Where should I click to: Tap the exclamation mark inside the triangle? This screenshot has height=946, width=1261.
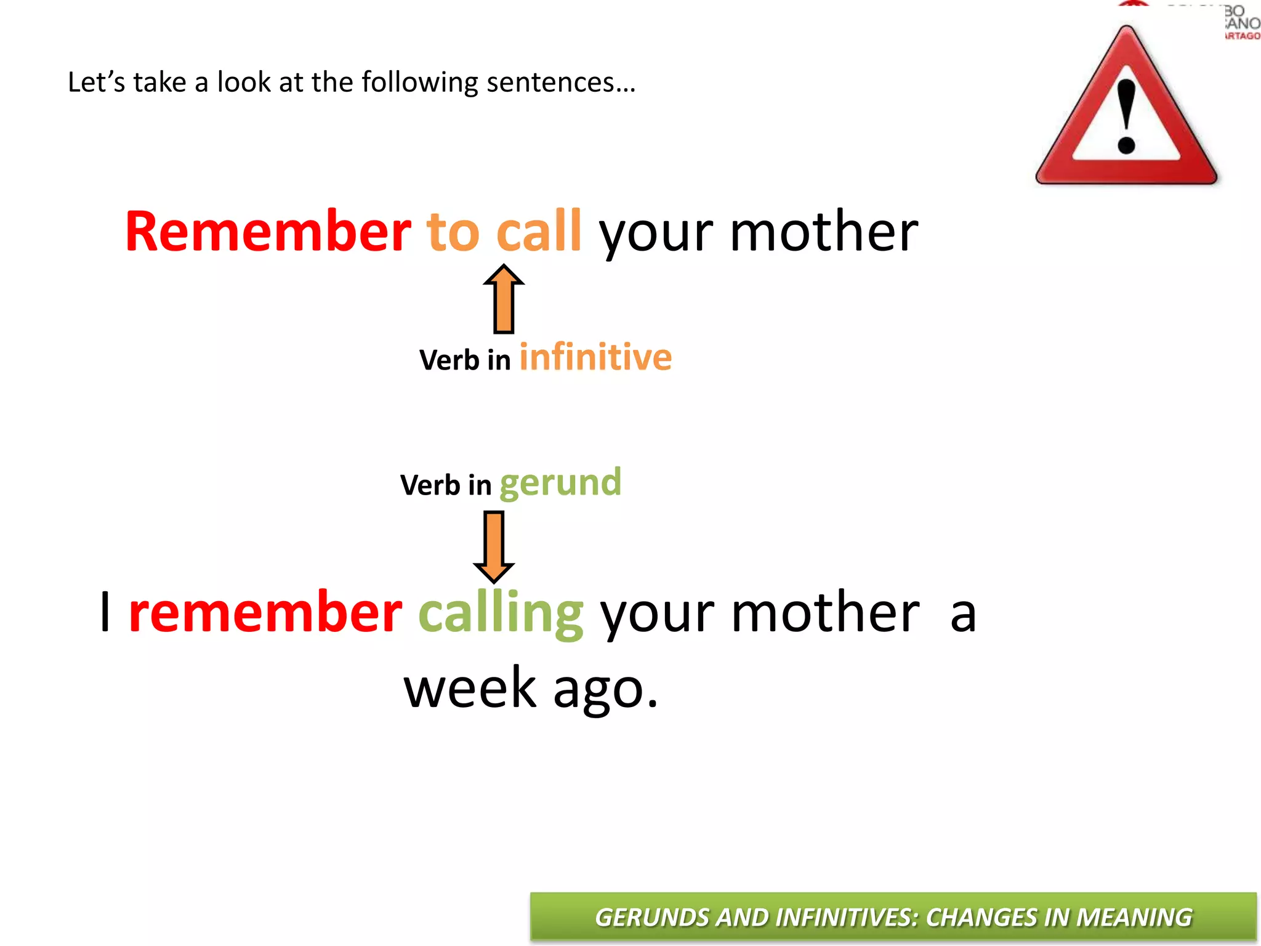pyautogui.click(x=1126, y=117)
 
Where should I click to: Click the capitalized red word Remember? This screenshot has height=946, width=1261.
pyautogui.click(x=268, y=232)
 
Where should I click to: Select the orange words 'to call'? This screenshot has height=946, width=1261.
pyautogui.click(x=504, y=232)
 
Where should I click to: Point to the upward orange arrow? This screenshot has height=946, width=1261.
pyautogui.click(x=504, y=299)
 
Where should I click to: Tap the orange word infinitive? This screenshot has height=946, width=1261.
pyautogui.click(x=595, y=357)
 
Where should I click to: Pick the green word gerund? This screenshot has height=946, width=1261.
pyautogui.click(x=560, y=483)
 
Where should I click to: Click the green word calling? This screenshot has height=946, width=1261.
pyautogui.click(x=501, y=613)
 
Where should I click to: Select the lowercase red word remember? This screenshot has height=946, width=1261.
pyautogui.click(x=265, y=613)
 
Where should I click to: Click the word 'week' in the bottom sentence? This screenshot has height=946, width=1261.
pyautogui.click(x=470, y=689)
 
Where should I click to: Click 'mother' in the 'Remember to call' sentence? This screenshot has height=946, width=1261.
pyautogui.click(x=824, y=232)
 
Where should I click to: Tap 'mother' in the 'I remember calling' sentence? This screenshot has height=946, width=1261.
pyautogui.click(x=825, y=613)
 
